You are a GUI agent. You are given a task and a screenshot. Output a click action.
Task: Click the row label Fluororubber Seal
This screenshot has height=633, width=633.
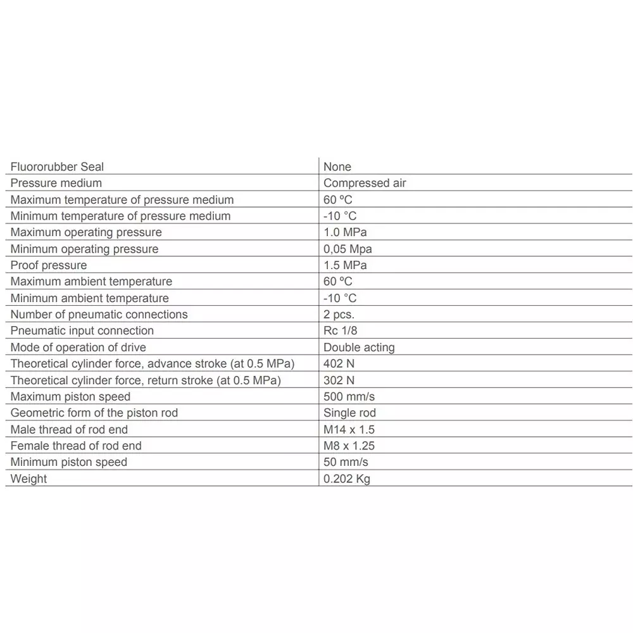point(57,167)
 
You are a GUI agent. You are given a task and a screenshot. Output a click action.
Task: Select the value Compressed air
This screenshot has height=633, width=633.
point(365,184)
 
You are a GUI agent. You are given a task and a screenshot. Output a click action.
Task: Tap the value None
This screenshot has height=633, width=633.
point(337,167)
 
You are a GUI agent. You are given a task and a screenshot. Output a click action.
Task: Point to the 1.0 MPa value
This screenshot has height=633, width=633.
point(345,232)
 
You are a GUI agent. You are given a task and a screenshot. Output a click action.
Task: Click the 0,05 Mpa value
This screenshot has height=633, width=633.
point(348,249)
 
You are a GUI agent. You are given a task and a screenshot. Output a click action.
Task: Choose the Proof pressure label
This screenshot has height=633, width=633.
point(49,265)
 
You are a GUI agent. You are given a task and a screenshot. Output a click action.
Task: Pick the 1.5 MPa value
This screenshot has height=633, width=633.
point(345,265)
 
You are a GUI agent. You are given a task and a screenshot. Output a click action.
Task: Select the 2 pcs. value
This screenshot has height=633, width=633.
point(339,315)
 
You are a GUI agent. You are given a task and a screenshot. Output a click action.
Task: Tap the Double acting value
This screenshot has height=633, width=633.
point(359,348)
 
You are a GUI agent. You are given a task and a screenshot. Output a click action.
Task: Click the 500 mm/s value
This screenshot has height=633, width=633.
point(349,397)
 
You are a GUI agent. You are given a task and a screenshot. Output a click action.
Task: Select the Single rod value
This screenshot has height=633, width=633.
point(349,413)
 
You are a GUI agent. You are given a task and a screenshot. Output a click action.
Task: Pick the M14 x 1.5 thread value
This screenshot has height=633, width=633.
point(349,430)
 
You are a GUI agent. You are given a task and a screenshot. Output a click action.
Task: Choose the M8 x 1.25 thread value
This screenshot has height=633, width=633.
point(349,446)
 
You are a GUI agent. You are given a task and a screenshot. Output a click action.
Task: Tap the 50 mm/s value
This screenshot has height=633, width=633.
point(346,463)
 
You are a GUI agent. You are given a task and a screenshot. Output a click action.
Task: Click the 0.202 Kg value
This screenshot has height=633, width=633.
point(346,479)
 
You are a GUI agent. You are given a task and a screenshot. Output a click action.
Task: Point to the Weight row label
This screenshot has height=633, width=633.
point(28,479)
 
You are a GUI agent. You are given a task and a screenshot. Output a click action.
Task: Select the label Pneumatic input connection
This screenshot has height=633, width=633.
point(82,331)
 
